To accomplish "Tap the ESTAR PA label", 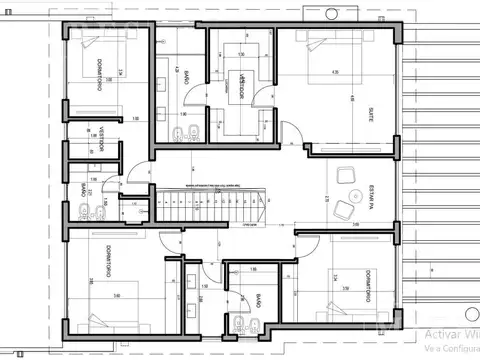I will [370, 190].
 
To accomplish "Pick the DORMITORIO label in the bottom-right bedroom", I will [370, 281].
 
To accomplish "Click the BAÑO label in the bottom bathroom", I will [258, 301].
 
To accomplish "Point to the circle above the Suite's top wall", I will [332, 13].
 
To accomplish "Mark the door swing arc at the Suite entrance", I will [292, 132].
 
